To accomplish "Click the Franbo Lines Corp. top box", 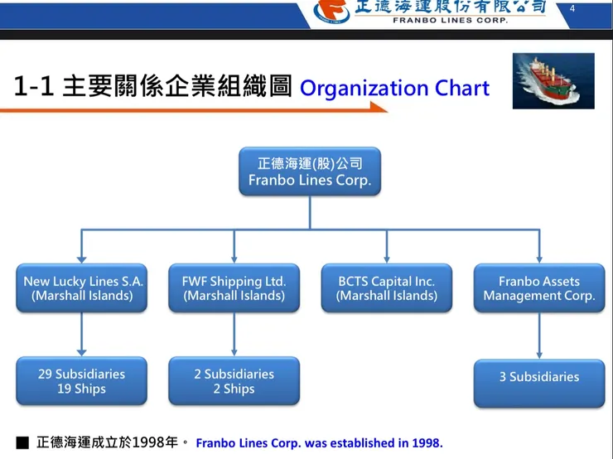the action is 310,172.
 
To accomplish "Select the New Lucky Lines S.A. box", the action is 82,287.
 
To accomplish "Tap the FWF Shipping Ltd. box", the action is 234,287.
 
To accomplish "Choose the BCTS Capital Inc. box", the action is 387,287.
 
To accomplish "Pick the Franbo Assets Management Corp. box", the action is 539,287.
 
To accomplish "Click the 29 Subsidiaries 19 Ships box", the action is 82,381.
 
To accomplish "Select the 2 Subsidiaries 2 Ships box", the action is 234,381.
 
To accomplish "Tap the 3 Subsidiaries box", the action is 539,383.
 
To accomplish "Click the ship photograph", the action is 553,81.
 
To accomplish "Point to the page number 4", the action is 572,8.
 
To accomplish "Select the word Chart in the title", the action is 462,88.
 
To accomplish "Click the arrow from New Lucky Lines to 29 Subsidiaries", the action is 82,334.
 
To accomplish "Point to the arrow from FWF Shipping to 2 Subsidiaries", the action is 234,334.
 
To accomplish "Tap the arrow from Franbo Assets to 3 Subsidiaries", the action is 539,336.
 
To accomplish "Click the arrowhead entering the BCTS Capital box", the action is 387,259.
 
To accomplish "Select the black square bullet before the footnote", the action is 22,443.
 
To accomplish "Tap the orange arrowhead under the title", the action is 379,107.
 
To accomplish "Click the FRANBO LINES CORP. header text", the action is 450,21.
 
